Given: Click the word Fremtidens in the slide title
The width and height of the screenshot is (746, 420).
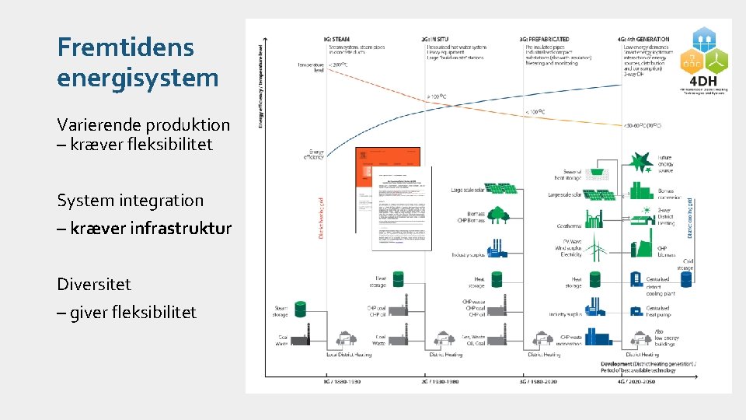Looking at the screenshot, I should (125, 47).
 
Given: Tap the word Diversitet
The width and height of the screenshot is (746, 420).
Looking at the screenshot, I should (93, 284).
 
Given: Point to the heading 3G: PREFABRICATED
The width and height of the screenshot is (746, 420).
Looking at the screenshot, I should (545, 39).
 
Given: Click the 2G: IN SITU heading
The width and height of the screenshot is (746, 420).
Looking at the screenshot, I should (441, 39).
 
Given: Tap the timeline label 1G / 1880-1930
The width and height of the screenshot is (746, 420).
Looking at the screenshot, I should (342, 382).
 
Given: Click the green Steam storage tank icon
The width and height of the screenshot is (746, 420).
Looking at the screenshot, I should (301, 311).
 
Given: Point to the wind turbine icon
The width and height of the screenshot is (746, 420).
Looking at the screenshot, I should (596, 247).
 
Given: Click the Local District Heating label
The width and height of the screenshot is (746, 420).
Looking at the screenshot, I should (349, 355).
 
